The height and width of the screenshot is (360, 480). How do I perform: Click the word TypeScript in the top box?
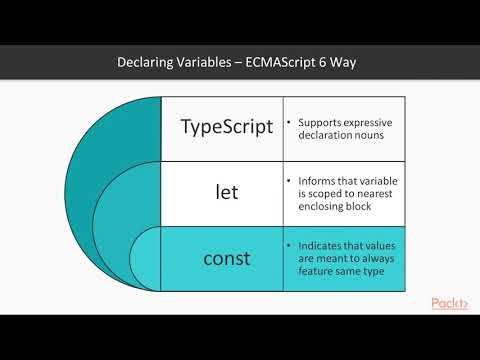click(226, 127)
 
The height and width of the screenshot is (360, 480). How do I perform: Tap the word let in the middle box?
click(227, 192)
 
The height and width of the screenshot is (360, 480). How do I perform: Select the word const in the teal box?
click(227, 258)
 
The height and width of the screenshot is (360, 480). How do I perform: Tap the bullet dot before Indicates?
click(289, 245)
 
